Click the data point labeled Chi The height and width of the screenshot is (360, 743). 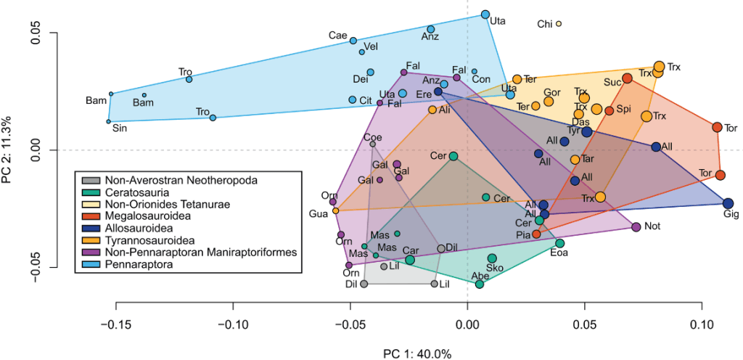559,24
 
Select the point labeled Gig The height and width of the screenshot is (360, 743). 728,204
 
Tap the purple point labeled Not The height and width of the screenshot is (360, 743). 636,227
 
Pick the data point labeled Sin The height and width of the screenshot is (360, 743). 109,121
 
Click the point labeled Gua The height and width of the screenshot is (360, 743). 336,210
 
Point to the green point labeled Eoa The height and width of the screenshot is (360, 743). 559,243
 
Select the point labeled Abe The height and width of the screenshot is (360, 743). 480,285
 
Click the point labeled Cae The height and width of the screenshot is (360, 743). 353,41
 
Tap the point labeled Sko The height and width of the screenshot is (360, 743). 492,258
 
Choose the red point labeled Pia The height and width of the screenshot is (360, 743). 536,234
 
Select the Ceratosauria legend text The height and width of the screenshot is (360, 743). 137,192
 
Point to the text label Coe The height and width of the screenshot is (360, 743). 373,137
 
